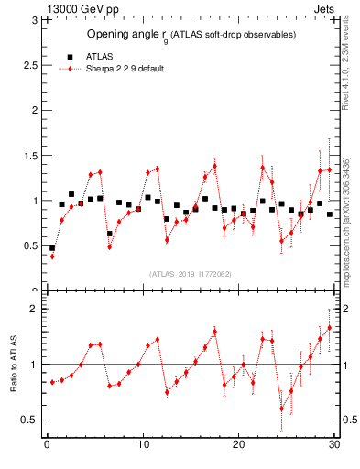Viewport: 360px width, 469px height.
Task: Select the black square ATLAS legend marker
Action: [71, 56]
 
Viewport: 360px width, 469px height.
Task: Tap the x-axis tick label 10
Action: [142, 445]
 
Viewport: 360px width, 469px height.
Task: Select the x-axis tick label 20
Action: [238, 445]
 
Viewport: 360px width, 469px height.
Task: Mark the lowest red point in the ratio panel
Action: [282, 409]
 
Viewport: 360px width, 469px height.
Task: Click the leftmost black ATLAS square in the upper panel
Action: [52, 248]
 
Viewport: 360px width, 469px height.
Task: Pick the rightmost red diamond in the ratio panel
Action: [330, 327]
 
